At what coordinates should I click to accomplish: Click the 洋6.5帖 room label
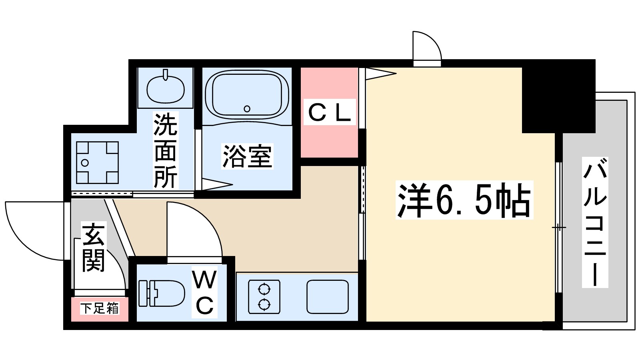click(464, 200)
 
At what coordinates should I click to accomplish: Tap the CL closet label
click(330, 112)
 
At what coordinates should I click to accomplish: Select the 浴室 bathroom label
click(247, 156)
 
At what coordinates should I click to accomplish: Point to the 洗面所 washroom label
click(165, 151)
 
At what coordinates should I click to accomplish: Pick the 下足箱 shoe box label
click(100, 308)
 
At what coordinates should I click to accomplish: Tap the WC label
click(204, 292)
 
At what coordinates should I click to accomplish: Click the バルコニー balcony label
click(595, 222)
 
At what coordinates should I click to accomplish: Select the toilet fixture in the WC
click(162, 293)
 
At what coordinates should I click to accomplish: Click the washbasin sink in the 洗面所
click(166, 89)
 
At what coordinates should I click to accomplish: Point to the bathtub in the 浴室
click(247, 94)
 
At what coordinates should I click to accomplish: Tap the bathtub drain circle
click(247, 108)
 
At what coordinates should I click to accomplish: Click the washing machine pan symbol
click(98, 162)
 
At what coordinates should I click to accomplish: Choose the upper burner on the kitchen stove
click(264, 288)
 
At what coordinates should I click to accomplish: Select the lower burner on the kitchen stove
click(264, 305)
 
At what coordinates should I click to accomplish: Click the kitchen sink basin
click(328, 296)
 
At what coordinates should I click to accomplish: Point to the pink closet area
click(329, 140)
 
